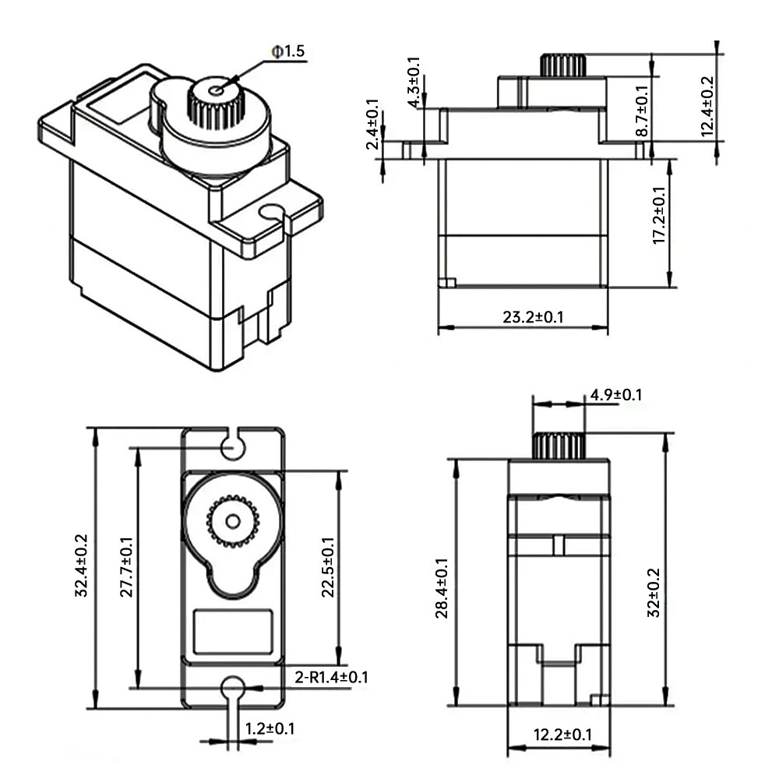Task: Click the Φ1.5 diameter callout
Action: click(x=287, y=51)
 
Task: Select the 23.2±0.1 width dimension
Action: click(x=533, y=317)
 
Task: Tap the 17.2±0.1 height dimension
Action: click(x=659, y=215)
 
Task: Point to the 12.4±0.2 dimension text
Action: click(x=707, y=106)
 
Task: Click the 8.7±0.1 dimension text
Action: click(x=642, y=111)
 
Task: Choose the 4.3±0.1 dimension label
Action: click(x=414, y=82)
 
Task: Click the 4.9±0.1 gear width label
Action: click(x=616, y=395)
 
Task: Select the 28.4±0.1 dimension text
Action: click(x=442, y=588)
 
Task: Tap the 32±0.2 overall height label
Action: click(x=654, y=593)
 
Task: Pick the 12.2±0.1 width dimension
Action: click(x=562, y=735)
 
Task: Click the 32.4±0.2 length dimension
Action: click(x=81, y=566)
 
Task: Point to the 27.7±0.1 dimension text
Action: click(x=127, y=566)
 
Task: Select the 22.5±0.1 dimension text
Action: click(x=328, y=566)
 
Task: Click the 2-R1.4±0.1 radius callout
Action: click(x=331, y=677)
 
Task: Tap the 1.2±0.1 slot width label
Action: click(x=270, y=729)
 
